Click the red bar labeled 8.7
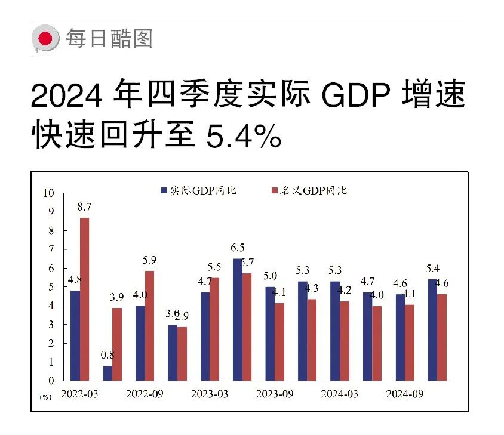(85, 299)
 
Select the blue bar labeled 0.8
(107, 373)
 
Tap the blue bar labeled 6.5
(238, 319)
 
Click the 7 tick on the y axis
(51, 249)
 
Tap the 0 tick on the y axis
(51, 381)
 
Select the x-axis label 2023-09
(274, 394)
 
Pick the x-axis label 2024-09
(404, 394)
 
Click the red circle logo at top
(45, 39)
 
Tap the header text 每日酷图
(109, 39)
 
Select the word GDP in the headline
(356, 95)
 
